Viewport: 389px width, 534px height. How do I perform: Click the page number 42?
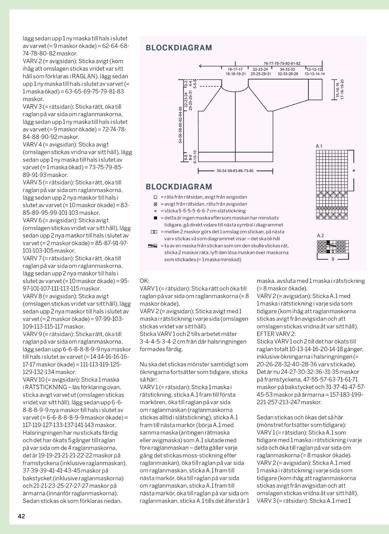(21, 516)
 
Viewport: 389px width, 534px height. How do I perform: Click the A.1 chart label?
(319, 146)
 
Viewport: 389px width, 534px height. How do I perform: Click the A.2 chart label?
(320, 236)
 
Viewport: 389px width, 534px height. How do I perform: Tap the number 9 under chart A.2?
(333, 260)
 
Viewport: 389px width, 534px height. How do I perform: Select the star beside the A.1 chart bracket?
(354, 171)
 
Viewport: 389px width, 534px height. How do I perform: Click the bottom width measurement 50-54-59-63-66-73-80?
(235, 171)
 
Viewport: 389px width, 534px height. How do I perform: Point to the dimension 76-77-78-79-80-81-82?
(282, 63)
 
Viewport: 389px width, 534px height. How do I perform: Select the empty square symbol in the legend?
(155, 197)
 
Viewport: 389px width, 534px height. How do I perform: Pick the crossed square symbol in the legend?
(155, 204)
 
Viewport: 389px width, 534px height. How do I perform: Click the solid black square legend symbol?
(155, 218)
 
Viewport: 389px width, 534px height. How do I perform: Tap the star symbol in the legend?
(155, 211)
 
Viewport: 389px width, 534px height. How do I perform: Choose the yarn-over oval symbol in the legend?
(153, 232)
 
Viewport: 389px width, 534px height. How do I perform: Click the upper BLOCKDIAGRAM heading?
(179, 48)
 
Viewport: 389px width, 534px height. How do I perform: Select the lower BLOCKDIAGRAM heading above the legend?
(179, 187)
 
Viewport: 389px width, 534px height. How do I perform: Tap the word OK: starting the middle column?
(144, 281)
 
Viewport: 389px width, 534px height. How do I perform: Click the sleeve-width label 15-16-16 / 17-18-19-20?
(340, 89)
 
